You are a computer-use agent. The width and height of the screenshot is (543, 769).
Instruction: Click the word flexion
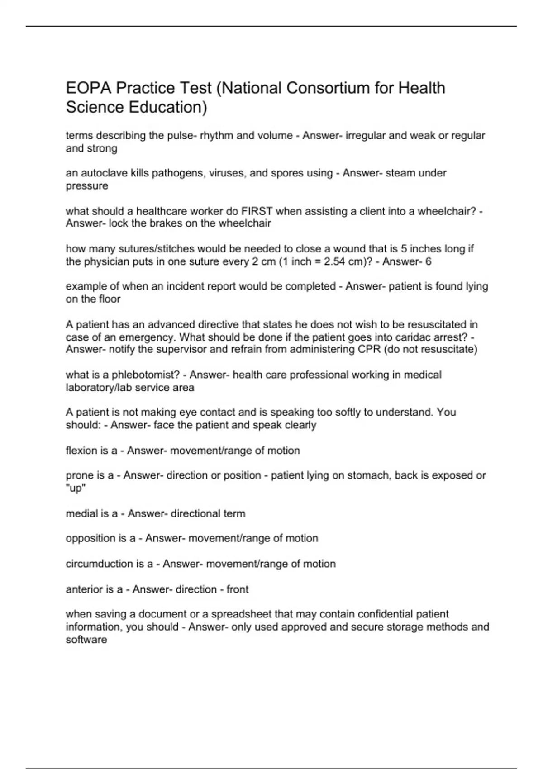[81, 451]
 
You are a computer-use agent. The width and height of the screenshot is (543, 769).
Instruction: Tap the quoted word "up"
[76, 488]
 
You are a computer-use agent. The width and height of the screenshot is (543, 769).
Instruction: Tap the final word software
[86, 639]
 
